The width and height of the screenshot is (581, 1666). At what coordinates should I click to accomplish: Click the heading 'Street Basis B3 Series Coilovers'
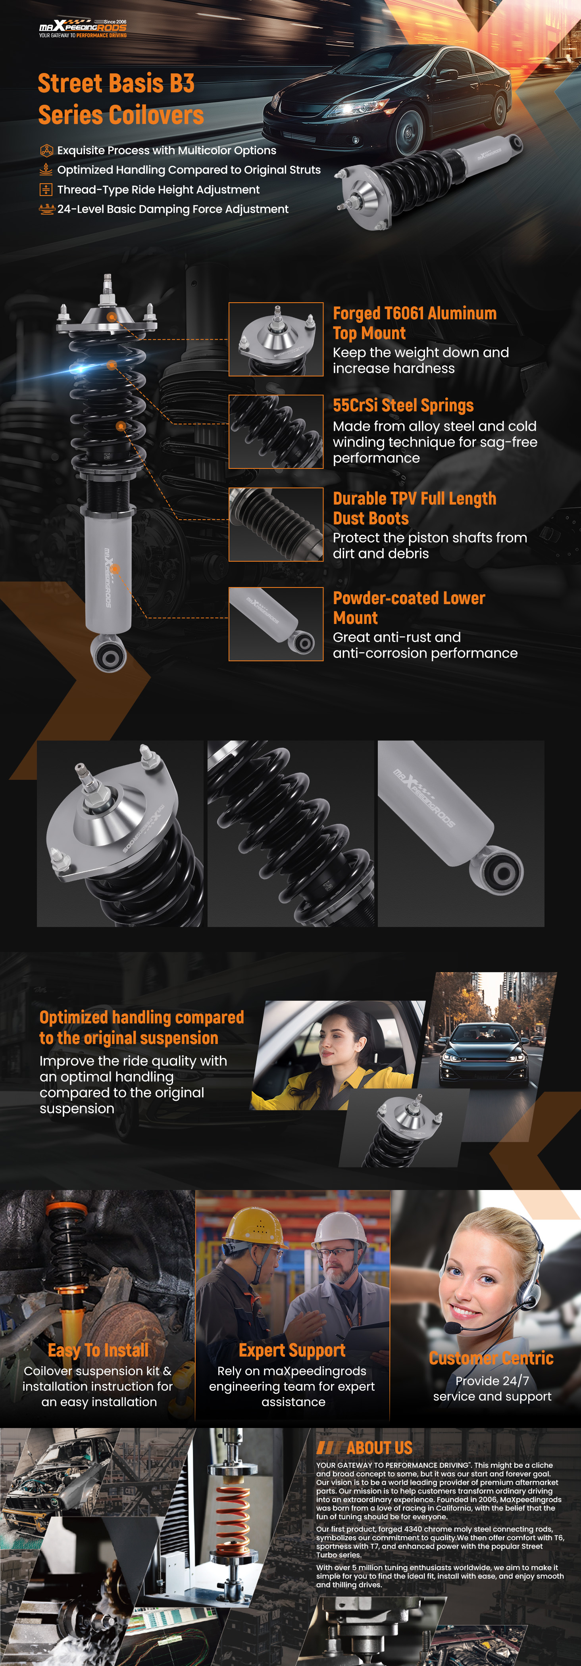click(121, 99)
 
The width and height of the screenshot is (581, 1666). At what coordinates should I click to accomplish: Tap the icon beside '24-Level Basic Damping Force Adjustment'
click(46, 209)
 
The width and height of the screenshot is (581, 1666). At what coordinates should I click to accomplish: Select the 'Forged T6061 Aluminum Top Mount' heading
click(414, 323)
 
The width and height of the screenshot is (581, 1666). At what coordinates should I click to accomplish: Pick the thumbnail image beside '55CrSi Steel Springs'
click(276, 432)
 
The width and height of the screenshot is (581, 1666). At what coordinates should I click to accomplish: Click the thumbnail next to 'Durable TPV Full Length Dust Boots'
click(276, 524)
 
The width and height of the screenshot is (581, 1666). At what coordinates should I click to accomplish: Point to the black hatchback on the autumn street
click(483, 1054)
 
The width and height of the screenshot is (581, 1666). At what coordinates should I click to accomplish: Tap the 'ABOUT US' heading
click(379, 1447)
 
